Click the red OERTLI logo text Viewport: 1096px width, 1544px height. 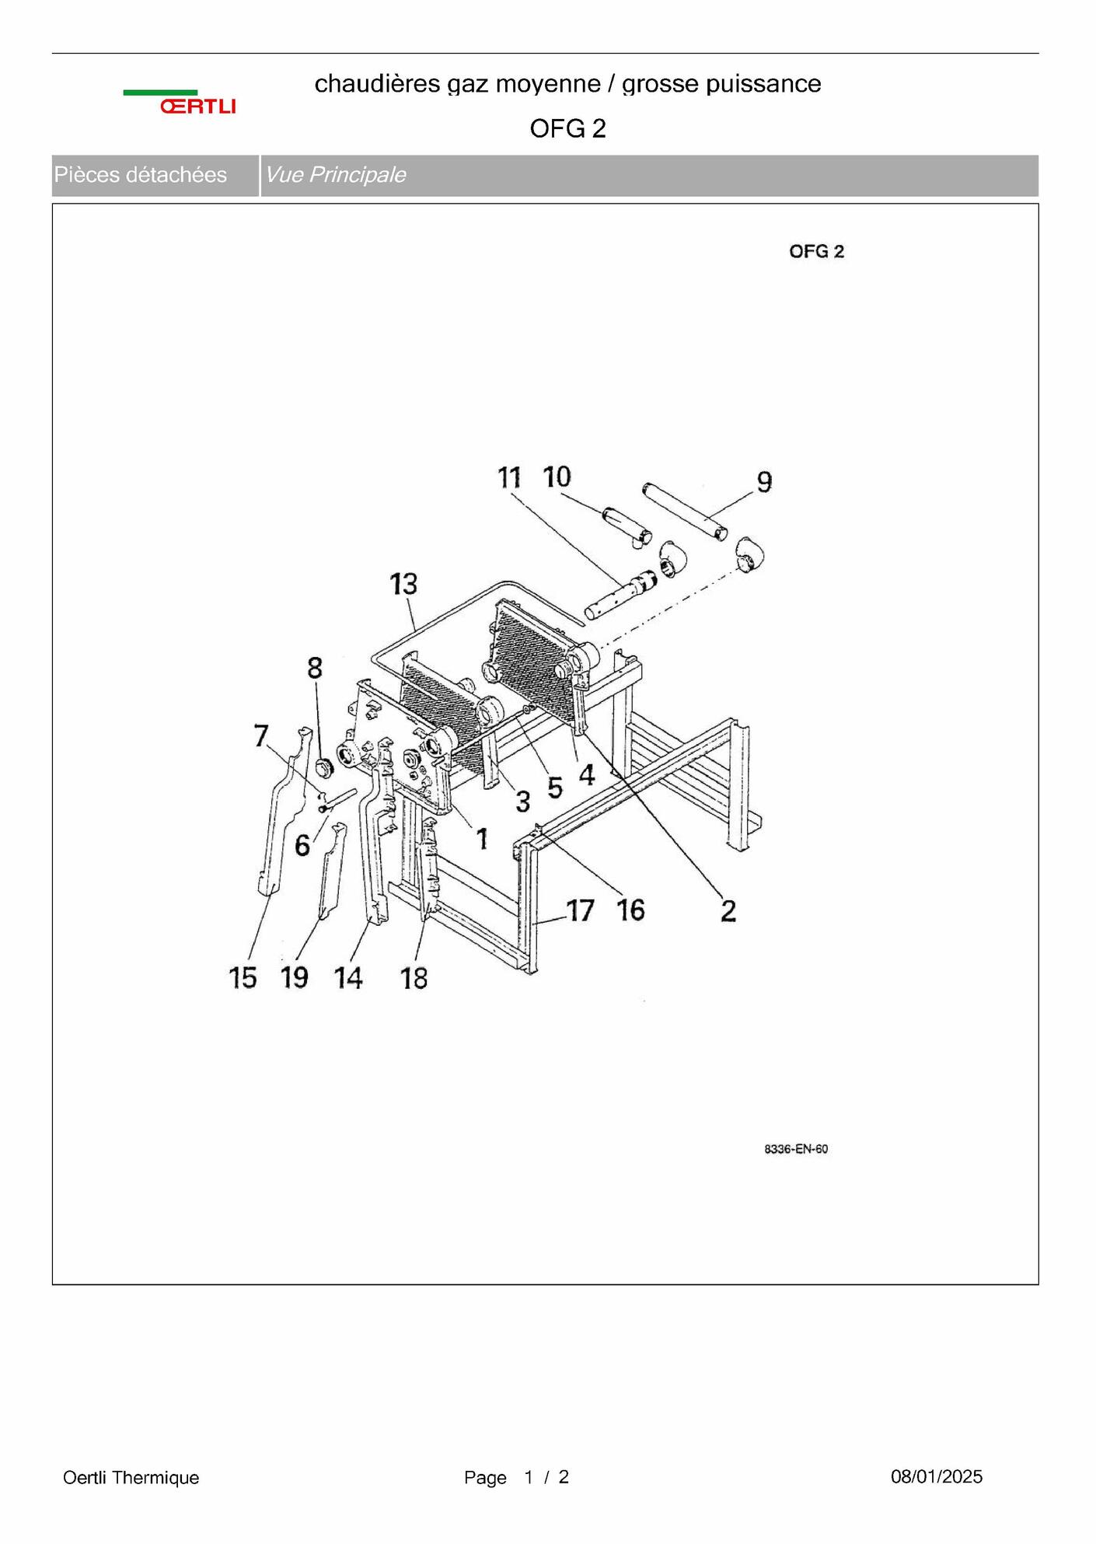tap(198, 107)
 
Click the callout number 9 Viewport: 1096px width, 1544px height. tap(765, 482)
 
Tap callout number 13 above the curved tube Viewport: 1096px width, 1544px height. tap(403, 584)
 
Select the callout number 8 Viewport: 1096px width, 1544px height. tap(315, 668)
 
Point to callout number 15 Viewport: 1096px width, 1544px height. tap(243, 978)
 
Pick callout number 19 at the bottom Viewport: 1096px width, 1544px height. tap(295, 977)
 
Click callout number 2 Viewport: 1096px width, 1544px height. tap(728, 910)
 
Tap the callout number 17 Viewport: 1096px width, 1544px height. tap(581, 910)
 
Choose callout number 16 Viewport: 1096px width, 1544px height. tap(631, 910)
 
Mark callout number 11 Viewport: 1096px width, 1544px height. tap(509, 477)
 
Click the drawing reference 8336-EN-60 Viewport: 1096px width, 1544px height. tap(796, 1149)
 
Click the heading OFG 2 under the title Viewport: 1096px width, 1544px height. tap(567, 128)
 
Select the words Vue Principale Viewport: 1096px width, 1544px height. tap(336, 175)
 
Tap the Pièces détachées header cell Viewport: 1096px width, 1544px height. tap(155, 175)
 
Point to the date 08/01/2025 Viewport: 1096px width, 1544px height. tap(937, 1477)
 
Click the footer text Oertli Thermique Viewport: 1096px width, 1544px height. tap(131, 1478)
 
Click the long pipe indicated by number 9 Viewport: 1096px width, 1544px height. tap(686, 510)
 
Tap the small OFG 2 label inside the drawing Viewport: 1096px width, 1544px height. tap(816, 252)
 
